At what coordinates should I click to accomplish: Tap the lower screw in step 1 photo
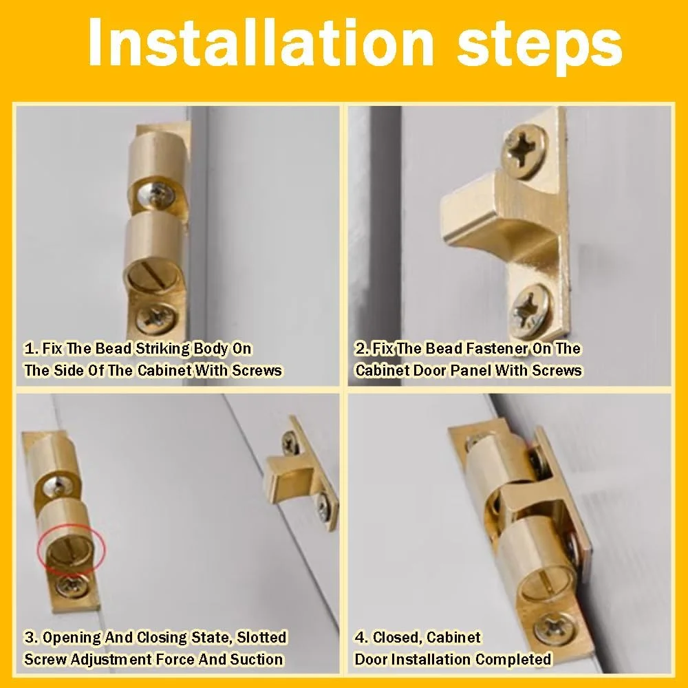tap(155, 317)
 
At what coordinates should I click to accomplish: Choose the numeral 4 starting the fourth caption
tap(360, 637)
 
